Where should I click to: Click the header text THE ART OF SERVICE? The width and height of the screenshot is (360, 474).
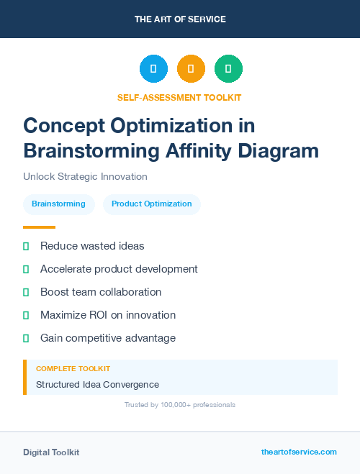click(x=180, y=19)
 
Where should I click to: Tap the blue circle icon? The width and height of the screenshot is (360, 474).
click(x=153, y=69)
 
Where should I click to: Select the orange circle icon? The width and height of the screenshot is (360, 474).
click(x=191, y=69)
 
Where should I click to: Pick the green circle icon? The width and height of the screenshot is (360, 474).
click(x=228, y=69)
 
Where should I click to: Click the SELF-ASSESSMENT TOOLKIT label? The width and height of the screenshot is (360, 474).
click(x=179, y=97)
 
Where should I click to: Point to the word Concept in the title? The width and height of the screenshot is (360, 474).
click(x=63, y=125)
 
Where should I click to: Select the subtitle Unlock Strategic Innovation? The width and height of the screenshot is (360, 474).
click(x=85, y=176)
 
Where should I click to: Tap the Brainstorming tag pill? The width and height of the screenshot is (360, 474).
click(x=58, y=204)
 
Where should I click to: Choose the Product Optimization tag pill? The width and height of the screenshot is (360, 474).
click(x=152, y=204)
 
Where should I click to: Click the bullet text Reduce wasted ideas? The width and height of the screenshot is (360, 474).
click(x=92, y=246)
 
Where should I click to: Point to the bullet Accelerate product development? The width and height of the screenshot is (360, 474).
click(x=119, y=269)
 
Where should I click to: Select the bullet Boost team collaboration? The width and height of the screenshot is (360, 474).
click(x=101, y=292)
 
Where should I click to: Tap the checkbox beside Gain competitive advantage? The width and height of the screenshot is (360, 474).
click(x=26, y=338)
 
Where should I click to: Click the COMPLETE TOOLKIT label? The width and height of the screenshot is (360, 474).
click(x=73, y=368)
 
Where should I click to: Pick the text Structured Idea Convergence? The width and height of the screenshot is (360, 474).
click(x=97, y=385)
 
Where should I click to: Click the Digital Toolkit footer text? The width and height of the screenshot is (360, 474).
click(x=51, y=452)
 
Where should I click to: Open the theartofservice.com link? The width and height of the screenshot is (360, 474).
click(x=299, y=452)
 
